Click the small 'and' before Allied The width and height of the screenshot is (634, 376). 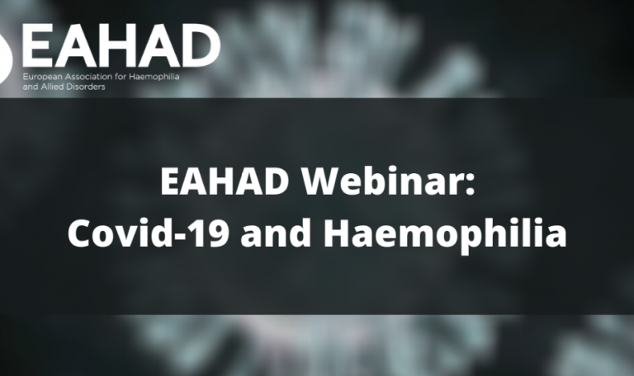(31, 86)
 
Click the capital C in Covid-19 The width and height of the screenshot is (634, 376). (80, 235)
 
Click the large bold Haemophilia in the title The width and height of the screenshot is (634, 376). (444, 237)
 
